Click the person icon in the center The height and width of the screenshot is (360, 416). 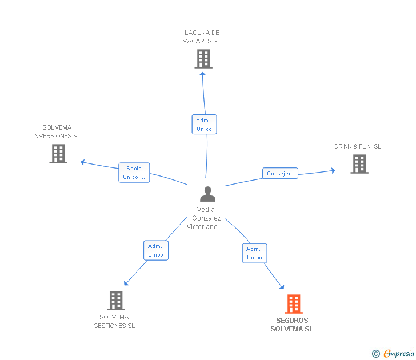[x=207, y=194]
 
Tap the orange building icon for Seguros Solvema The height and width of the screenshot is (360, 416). [x=293, y=304]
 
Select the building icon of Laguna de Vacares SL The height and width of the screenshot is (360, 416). [x=203, y=58]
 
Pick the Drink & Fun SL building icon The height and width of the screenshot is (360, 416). [x=359, y=164]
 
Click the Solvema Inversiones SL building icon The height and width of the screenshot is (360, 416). [x=58, y=154]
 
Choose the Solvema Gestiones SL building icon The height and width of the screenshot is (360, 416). [x=115, y=301]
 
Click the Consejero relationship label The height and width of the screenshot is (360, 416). [x=280, y=173]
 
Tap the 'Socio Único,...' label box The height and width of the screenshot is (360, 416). [x=134, y=173]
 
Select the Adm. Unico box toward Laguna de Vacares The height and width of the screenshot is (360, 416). [x=204, y=125]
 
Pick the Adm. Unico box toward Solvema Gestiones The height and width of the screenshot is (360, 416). [x=155, y=250]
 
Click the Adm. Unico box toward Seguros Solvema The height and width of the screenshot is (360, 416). [x=254, y=253]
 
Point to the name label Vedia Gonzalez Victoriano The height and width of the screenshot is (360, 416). [x=206, y=218]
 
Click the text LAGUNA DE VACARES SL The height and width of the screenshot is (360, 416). [x=202, y=37]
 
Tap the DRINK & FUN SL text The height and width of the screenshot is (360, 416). [x=358, y=147]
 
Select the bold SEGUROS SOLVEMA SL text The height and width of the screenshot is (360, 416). [x=291, y=325]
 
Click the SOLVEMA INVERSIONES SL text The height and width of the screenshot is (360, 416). [x=57, y=132]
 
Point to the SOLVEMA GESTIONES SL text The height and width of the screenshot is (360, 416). [x=114, y=322]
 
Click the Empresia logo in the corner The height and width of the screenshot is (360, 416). [x=398, y=354]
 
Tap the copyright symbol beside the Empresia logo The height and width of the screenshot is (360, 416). [x=375, y=354]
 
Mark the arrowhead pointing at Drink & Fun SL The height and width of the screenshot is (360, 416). [x=333, y=170]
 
